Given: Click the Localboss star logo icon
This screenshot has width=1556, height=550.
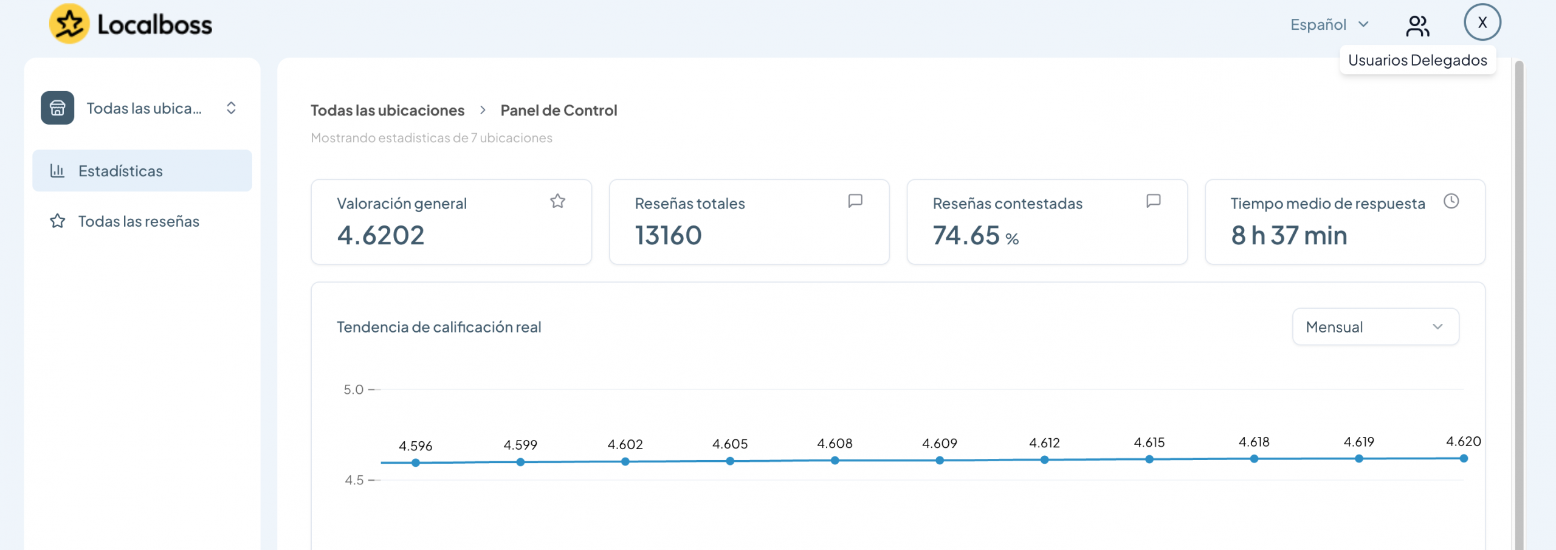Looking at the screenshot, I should (x=69, y=24).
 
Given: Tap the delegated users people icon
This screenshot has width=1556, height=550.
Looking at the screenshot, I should (x=1417, y=26).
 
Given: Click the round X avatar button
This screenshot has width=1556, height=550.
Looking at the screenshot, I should (x=1482, y=22).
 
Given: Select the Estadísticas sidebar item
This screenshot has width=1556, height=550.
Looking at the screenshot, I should (x=142, y=171).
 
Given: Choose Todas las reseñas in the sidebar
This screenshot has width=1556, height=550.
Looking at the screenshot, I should (x=139, y=221).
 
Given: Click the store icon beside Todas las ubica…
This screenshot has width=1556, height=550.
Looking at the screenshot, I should (x=58, y=108).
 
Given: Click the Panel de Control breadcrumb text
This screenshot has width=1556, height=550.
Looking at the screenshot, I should (x=559, y=110).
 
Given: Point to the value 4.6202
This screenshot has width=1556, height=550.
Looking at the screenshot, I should (x=380, y=235).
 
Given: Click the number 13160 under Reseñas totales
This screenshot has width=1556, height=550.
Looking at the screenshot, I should (x=668, y=235).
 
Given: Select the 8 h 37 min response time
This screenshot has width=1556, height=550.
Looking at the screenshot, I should (x=1289, y=235).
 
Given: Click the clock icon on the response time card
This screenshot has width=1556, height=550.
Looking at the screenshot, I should (x=1451, y=201).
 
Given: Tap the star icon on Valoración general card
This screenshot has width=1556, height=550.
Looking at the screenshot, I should (x=557, y=201).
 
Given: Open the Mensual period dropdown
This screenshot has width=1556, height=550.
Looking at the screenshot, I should (x=1375, y=327).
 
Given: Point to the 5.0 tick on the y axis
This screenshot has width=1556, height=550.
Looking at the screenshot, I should (x=353, y=390).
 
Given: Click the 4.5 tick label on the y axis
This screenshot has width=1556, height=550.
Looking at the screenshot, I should (x=354, y=480).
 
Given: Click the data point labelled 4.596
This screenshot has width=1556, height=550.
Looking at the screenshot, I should (x=416, y=462).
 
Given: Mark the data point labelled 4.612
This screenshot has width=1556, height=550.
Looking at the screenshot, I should (x=1044, y=459).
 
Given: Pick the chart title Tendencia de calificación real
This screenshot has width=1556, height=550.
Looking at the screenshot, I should (x=439, y=327).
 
